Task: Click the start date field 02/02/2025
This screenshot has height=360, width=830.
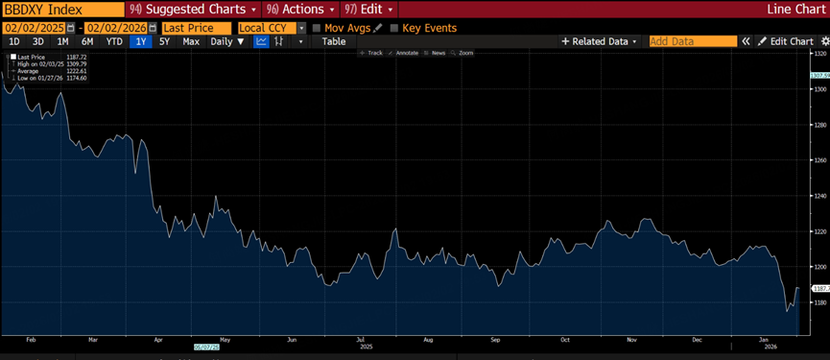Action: (x=35, y=28)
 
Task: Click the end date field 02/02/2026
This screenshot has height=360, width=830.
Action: (x=115, y=28)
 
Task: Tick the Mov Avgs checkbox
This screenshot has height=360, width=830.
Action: (x=318, y=29)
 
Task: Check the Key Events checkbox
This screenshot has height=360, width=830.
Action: (x=394, y=29)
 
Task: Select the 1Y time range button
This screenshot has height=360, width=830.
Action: (x=141, y=41)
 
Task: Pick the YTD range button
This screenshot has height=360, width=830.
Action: (x=114, y=41)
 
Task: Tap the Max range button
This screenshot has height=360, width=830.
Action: (x=191, y=41)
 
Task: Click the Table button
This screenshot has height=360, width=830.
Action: (x=334, y=41)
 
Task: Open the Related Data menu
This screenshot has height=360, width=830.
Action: (x=600, y=41)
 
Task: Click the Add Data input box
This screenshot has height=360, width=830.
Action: (x=692, y=41)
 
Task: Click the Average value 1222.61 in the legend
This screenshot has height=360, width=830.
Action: (x=76, y=70)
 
